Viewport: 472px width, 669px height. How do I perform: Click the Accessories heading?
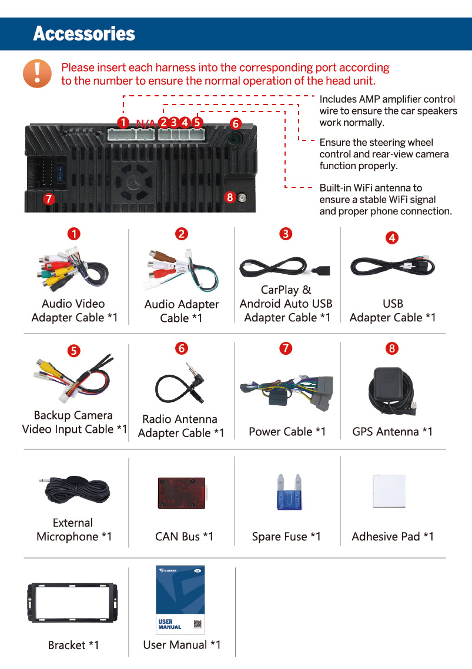click(x=84, y=34)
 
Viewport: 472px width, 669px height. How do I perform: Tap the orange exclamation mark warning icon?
click(x=37, y=74)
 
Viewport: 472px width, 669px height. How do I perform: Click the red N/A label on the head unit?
click(x=146, y=123)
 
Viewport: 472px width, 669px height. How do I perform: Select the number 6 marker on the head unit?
click(x=235, y=123)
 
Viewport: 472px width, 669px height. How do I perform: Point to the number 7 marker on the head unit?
click(x=49, y=199)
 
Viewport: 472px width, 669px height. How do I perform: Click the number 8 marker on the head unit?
click(x=230, y=197)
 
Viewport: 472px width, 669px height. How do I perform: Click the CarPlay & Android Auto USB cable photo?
click(x=285, y=269)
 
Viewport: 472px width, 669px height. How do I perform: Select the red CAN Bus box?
click(x=181, y=493)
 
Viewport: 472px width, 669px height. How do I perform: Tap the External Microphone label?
click(x=73, y=530)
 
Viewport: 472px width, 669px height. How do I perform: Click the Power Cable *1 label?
click(x=287, y=432)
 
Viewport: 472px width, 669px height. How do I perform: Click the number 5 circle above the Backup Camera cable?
click(x=73, y=351)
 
